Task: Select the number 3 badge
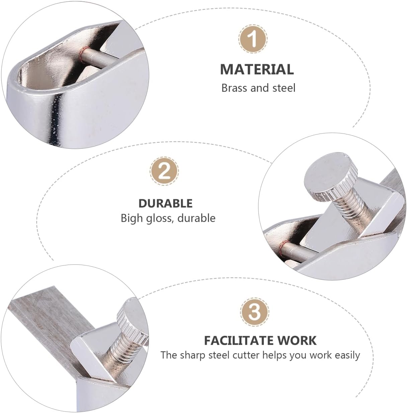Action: point(255,312)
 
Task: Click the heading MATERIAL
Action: point(257,69)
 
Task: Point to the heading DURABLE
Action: point(165,203)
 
